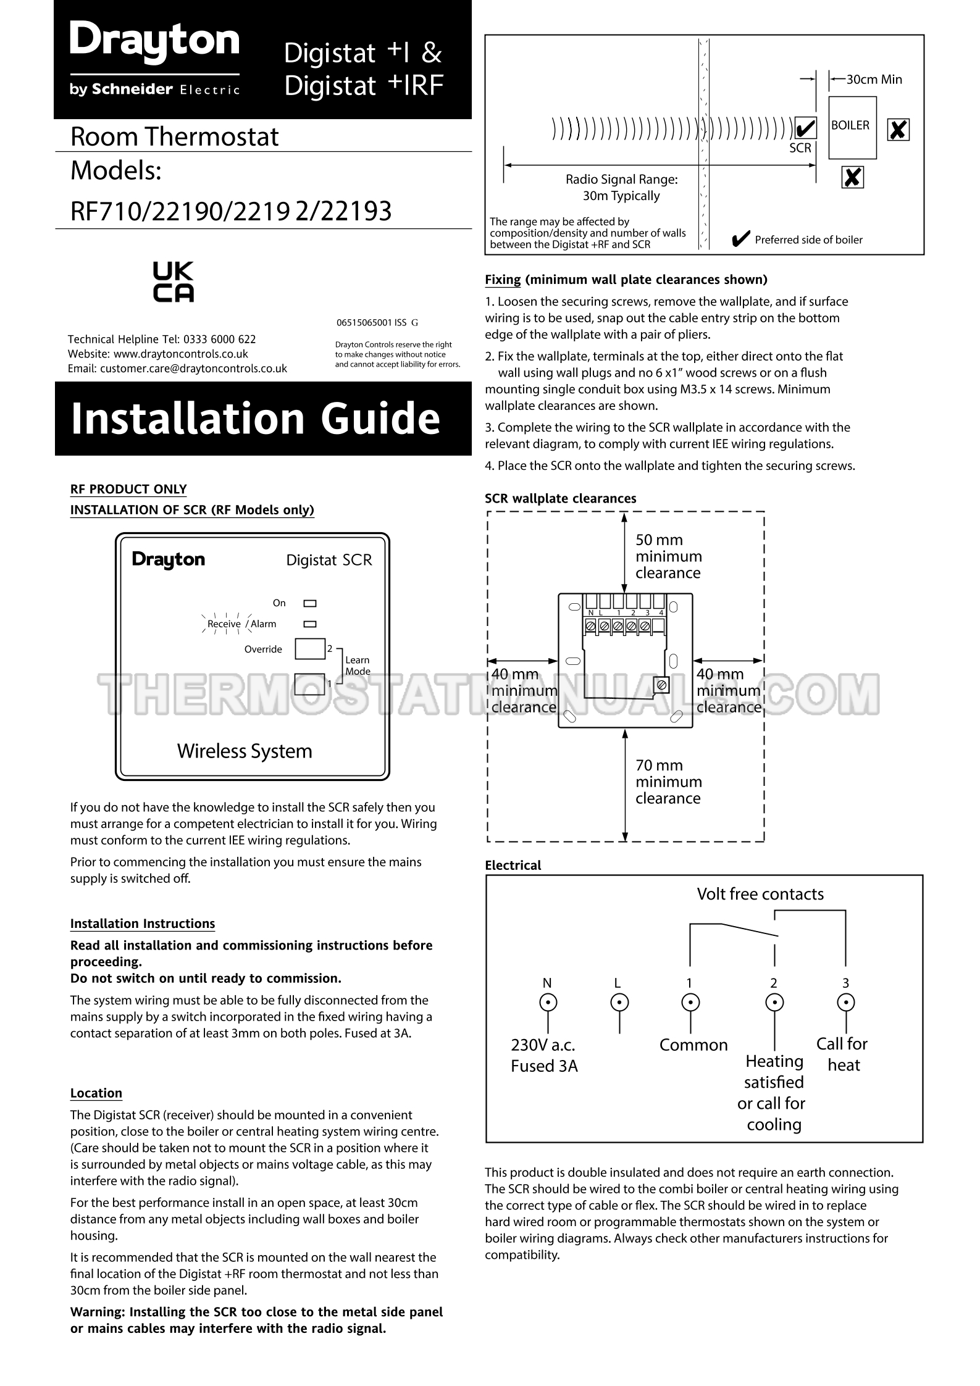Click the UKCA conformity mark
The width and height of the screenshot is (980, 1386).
coord(174,282)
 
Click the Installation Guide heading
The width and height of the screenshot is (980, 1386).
coord(256,419)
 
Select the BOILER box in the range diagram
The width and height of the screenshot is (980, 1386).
coord(852,127)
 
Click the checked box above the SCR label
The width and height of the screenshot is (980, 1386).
coord(805,129)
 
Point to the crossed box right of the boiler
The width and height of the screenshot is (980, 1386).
coord(898,130)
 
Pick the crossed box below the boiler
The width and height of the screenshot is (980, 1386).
coord(852,178)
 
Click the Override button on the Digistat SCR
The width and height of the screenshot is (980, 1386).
coord(309,649)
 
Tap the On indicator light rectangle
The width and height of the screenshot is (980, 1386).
coord(309,603)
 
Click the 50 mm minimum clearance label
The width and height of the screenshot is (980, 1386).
coord(668,556)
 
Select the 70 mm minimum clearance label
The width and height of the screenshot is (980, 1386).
coord(668,782)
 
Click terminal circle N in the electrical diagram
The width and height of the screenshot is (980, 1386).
coord(547,1002)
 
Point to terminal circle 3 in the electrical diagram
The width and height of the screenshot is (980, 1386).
coord(845,1002)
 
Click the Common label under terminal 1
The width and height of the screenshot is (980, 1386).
coord(693,1045)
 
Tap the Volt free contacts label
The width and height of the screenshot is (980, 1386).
coord(760,894)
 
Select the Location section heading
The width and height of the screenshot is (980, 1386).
coord(96,1093)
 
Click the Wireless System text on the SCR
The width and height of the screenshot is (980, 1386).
coord(245,751)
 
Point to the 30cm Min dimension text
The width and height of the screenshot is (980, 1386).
coord(874,79)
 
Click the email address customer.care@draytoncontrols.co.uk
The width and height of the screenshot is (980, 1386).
coord(193,369)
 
